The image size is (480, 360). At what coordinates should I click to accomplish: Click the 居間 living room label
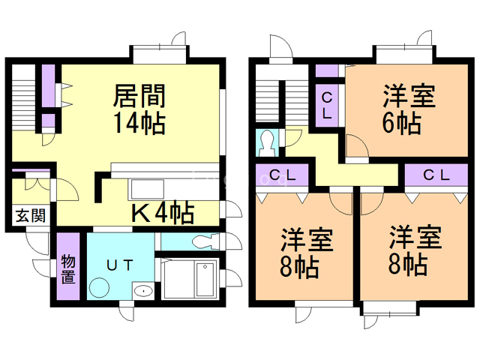pyautogui.click(x=139, y=96)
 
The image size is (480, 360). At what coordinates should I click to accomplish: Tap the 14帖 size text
pyautogui.click(x=139, y=123)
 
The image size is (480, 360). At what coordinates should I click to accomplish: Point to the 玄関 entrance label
pyautogui.click(x=31, y=216)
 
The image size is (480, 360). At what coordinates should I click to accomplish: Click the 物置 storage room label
pyautogui.click(x=68, y=269)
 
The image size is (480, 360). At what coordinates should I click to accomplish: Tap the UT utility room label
pyautogui.click(x=120, y=265)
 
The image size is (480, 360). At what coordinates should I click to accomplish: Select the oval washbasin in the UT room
pyautogui.click(x=143, y=291)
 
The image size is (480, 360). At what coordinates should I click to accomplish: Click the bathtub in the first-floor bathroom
pyautogui.click(x=205, y=279)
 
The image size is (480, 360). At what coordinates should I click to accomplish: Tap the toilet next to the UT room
pyautogui.click(x=205, y=241)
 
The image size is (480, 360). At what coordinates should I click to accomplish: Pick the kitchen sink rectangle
pyautogui.click(x=148, y=190)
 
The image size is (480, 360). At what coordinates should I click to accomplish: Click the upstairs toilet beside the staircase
pyautogui.click(x=267, y=143)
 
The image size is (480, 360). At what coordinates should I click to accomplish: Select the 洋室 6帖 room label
pyautogui.click(x=409, y=109)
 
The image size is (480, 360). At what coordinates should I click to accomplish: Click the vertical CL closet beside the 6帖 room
pyautogui.click(x=327, y=106)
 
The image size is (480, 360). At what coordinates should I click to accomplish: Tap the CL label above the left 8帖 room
pyautogui.click(x=282, y=175)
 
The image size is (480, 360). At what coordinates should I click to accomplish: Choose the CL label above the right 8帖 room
pyautogui.click(x=436, y=175)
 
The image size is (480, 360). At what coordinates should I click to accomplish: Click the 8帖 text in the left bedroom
pyautogui.click(x=299, y=267)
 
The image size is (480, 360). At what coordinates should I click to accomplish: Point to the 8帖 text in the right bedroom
pyautogui.click(x=408, y=264)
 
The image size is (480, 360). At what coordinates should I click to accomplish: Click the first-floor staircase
pyautogui.click(x=23, y=98)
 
